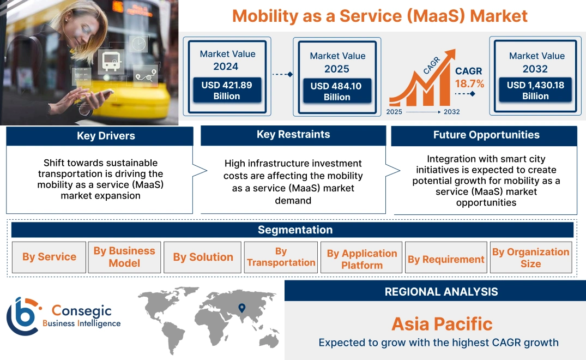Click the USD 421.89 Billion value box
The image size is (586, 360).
227,91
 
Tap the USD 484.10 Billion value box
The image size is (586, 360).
337,92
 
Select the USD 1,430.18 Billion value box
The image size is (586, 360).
535,91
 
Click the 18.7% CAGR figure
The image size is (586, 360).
469,83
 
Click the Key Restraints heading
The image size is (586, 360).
293,135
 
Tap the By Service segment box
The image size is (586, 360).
49,257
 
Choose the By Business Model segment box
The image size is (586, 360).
124,257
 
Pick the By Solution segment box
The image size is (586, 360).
203,257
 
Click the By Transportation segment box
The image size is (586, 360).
281,257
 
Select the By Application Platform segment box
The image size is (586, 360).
361,259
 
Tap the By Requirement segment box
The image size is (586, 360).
446,259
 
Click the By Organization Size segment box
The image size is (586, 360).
530,257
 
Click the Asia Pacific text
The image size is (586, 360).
442,324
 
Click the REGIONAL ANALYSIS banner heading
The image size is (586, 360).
441,292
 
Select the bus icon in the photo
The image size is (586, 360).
111,62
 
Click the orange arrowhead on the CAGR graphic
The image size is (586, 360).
450,55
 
